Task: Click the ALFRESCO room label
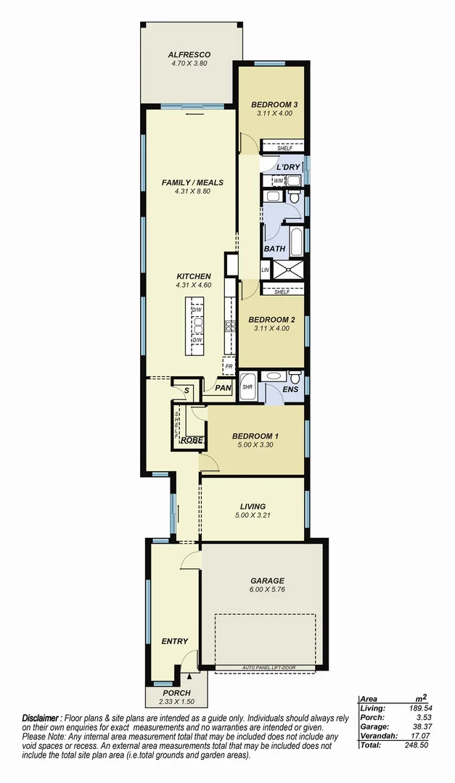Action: pos(189,54)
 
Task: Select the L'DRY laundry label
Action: pos(288,167)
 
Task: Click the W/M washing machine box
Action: pos(279,180)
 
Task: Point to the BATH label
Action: pos(274,249)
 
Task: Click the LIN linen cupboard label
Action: pos(265,270)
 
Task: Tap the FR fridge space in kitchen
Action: pos(229,367)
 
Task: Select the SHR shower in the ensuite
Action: pos(247,386)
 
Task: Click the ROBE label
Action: pos(191,439)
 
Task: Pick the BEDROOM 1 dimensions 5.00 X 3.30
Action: pos(255,446)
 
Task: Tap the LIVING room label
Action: pos(253,506)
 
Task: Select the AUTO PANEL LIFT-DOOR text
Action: pos(266,667)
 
